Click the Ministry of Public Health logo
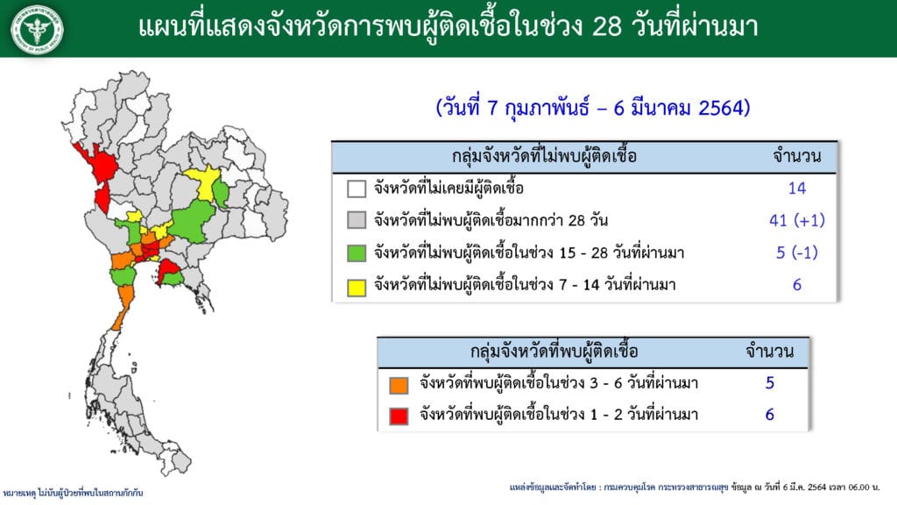[x=37, y=29]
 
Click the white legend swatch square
[x=357, y=188]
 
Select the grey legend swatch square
[x=357, y=220]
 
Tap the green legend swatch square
[x=357, y=252]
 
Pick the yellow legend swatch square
[x=357, y=287]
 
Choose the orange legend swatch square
[x=399, y=384]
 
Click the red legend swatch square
[x=399, y=416]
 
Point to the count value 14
[x=797, y=188]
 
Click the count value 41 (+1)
[x=797, y=220]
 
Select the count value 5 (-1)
[x=797, y=252]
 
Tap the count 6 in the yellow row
[x=797, y=285]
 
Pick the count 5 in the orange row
[x=769, y=383]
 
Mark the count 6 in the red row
[x=769, y=415]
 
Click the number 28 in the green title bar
[x=607, y=27]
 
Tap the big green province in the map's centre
[x=192, y=222]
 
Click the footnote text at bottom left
[x=73, y=493]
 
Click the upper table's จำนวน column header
[x=797, y=156]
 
